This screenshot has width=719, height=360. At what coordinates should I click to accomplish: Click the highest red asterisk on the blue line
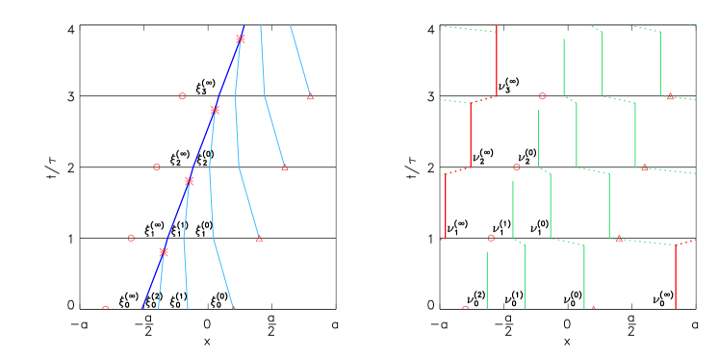coord(240,39)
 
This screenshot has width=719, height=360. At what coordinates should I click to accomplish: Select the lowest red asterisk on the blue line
coord(163,252)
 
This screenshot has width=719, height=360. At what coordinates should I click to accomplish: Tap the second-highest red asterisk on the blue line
coord(214,110)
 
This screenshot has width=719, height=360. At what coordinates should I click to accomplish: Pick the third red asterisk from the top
coord(189,181)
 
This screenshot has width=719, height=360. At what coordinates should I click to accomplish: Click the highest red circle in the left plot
coord(182,96)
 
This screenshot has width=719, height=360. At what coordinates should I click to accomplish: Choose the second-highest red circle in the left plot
coord(157,167)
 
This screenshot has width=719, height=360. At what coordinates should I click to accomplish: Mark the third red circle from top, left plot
coord(131,238)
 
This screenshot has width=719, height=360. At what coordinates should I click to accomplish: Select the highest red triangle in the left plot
coord(310,96)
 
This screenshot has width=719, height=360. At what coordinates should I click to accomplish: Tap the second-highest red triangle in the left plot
coord(284,167)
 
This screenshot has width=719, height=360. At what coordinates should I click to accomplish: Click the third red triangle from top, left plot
coord(259,238)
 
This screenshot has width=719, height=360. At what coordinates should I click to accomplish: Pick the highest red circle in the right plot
coord(542,96)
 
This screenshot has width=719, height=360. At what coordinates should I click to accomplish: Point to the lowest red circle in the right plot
coord(465,308)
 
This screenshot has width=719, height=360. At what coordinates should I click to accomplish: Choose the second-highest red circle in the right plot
coord(516,167)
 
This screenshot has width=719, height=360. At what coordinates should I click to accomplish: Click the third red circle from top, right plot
coord(491,238)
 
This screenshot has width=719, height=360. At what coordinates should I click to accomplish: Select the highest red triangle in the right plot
coord(670,96)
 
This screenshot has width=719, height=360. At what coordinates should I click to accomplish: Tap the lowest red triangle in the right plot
coord(593,308)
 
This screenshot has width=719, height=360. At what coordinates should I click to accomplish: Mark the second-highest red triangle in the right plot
coord(644,167)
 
